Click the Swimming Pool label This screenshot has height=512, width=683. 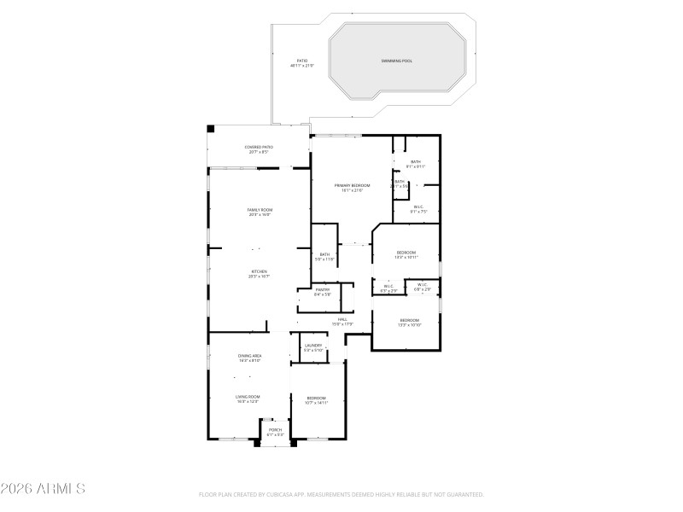[396, 61]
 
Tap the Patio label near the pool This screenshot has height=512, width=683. [302, 62]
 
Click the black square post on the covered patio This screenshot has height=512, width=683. [211, 129]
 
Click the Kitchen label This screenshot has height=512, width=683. [259, 273]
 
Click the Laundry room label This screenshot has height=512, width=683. [313, 346]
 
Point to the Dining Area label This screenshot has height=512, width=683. [249, 357]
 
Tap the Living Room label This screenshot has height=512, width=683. [248, 398]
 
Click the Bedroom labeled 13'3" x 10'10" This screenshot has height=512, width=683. [408, 322]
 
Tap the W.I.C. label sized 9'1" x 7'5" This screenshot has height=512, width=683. [418, 207]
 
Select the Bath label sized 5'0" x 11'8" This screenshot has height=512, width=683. [324, 255]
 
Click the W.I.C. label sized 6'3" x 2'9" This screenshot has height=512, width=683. [388, 288]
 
